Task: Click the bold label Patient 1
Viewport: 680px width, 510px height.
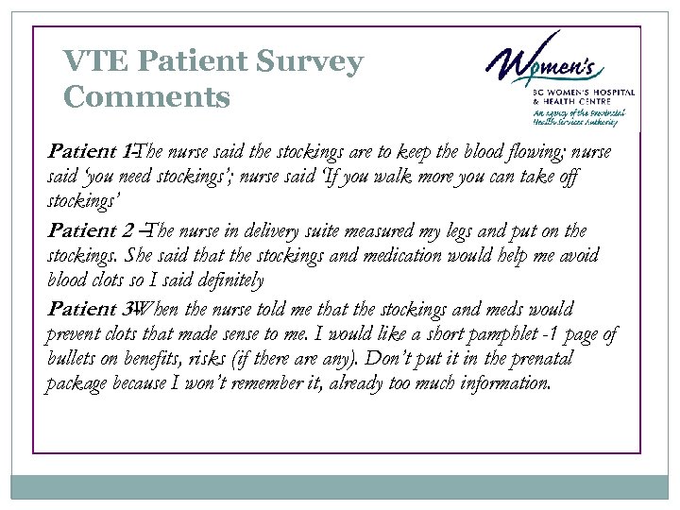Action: pos(91,152)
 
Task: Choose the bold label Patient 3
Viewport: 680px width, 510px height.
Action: pos(92,310)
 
